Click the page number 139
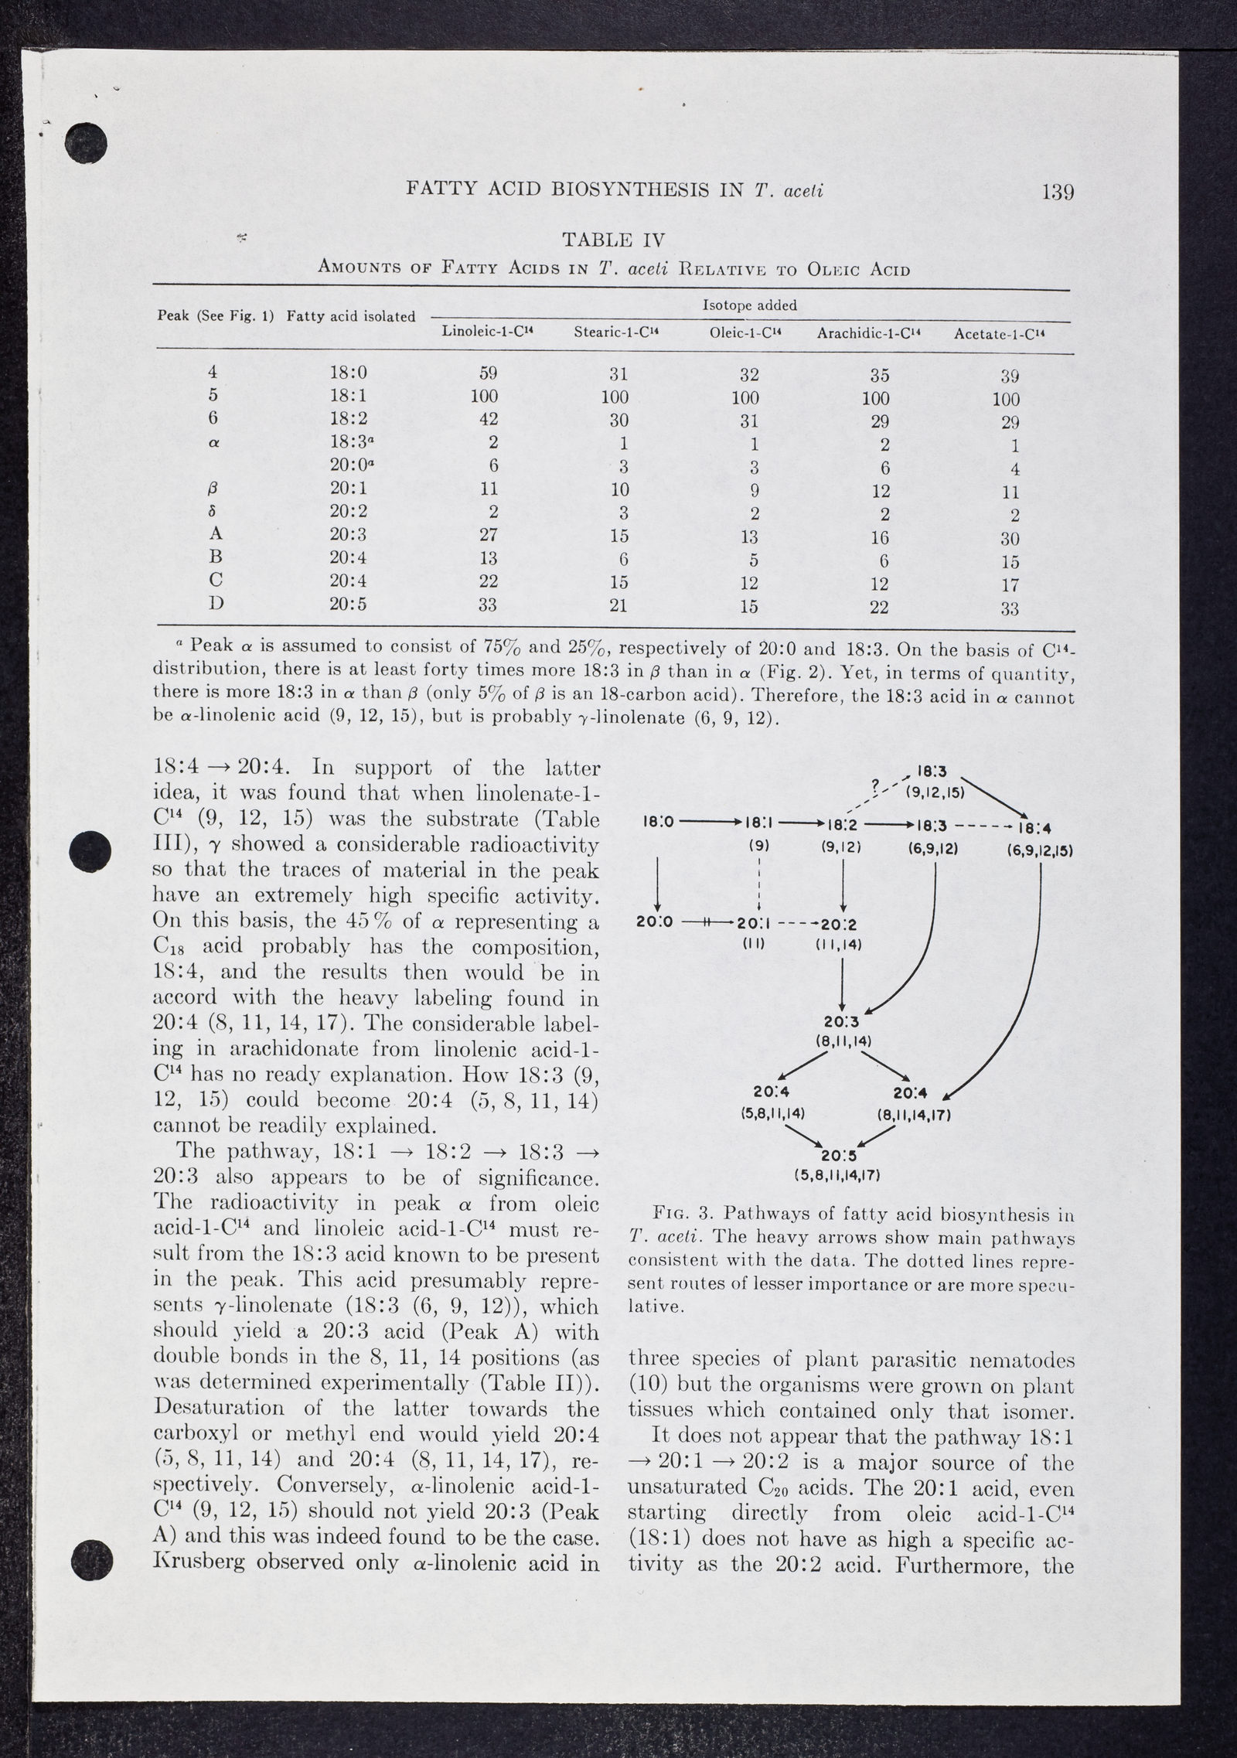[1058, 191]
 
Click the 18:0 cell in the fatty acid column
[348, 373]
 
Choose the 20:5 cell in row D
[348, 605]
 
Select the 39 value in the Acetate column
[1010, 376]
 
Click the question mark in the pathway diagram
[874, 788]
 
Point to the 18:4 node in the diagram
[1034, 828]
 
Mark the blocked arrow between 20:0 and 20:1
[708, 922]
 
